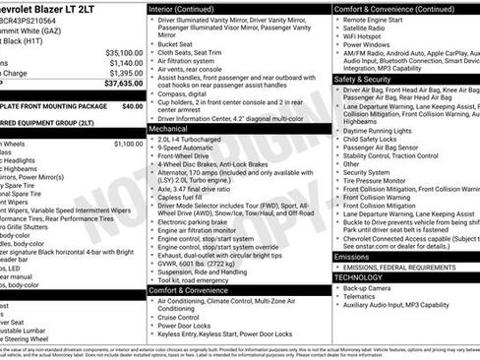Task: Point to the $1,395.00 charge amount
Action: click(125, 73)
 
